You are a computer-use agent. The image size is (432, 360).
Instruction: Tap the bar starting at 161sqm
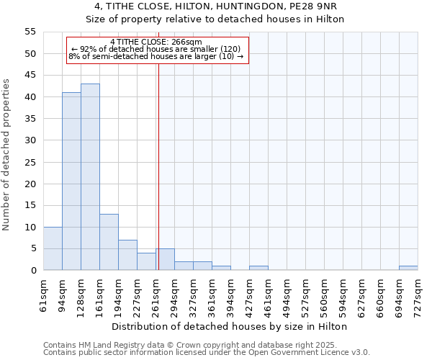tap(109, 242)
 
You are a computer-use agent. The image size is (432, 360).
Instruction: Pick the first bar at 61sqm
tap(53, 248)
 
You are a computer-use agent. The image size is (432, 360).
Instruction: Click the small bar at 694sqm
tap(408, 268)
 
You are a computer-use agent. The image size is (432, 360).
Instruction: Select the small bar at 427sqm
tap(258, 268)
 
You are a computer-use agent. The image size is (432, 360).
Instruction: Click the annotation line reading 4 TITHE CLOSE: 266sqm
tap(156, 42)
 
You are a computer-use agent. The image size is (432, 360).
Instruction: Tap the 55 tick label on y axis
tap(30, 32)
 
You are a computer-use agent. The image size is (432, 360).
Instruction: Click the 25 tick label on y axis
tap(30, 162)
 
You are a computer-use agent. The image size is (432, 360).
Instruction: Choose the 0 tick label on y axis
tap(32, 270)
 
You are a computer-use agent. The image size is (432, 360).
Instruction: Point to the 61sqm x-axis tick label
tap(43, 295)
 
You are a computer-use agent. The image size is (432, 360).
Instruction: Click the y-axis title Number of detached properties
tap(6, 155)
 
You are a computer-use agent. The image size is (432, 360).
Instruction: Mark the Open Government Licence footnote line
tap(207, 353)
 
